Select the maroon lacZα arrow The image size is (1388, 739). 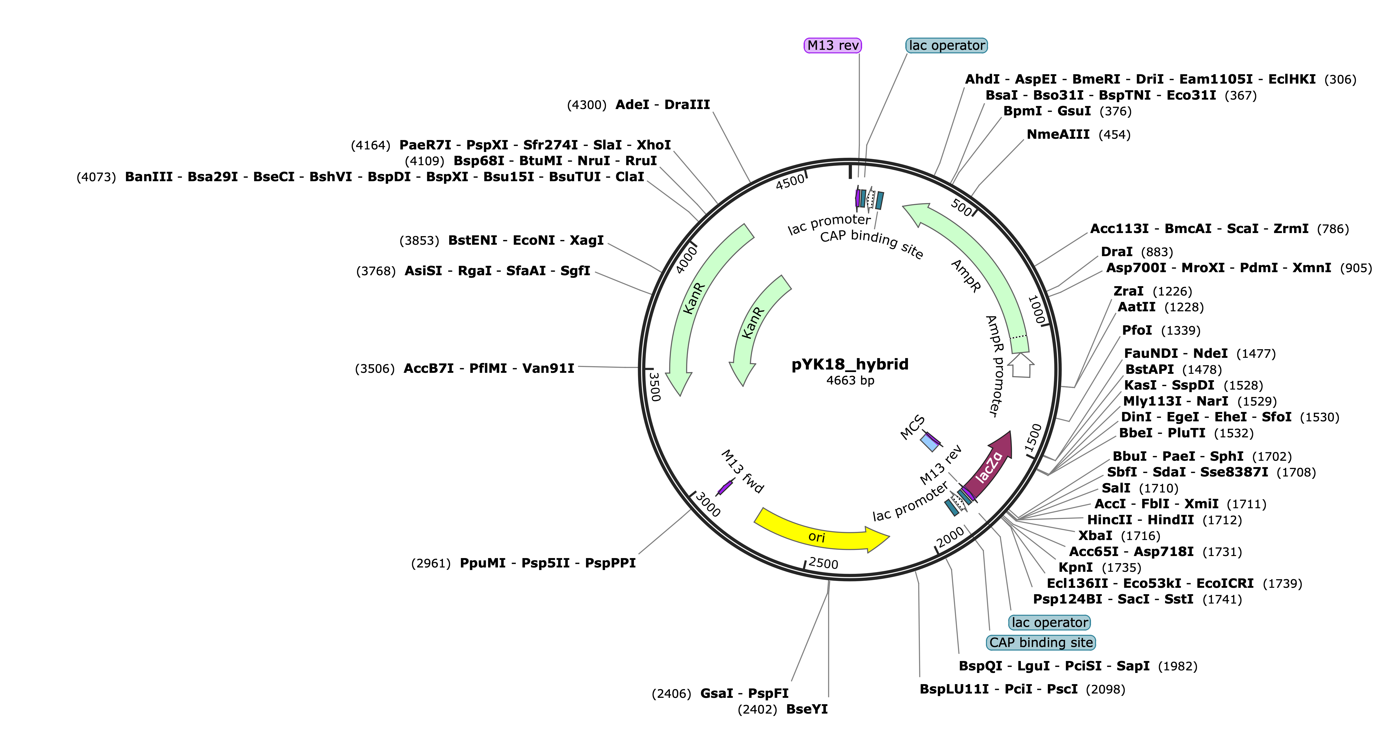point(989,466)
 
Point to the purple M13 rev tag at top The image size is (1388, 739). point(833,45)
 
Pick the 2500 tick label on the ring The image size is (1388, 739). point(823,563)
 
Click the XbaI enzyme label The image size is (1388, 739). point(1095,535)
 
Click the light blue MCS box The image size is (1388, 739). point(931,442)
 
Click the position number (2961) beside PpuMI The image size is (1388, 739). point(431,563)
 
